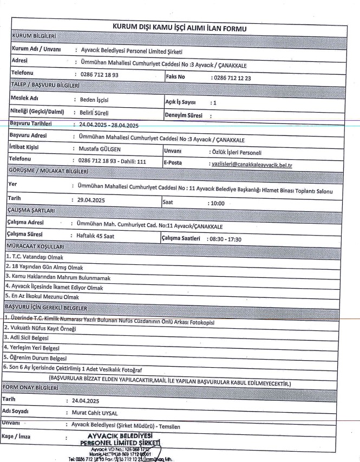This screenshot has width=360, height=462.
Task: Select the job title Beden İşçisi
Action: click(93, 100)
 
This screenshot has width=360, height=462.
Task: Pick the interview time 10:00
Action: click(218, 204)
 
